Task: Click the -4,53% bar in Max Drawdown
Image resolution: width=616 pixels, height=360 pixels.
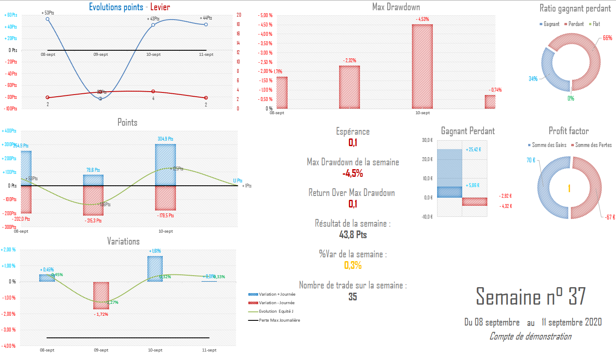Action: (x=422, y=66)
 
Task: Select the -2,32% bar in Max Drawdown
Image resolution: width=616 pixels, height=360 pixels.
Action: (x=349, y=87)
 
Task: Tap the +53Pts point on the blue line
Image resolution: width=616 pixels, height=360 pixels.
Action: (x=47, y=19)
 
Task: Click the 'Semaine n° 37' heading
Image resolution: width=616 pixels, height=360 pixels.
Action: (x=530, y=297)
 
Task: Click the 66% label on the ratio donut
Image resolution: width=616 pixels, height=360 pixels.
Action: (x=607, y=38)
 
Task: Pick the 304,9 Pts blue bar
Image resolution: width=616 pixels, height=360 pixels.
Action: (x=165, y=164)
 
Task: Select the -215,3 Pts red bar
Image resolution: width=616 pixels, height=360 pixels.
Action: (x=93, y=201)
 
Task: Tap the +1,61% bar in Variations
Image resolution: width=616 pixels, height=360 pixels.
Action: (x=155, y=268)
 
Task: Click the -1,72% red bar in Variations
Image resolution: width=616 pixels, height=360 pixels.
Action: (x=101, y=295)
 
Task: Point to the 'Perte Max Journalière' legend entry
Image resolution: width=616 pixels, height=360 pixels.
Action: (x=279, y=320)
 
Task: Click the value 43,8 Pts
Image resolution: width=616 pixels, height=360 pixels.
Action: (x=353, y=235)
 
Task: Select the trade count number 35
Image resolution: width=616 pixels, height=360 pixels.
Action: (x=353, y=297)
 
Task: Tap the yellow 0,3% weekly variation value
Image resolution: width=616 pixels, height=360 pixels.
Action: (x=353, y=265)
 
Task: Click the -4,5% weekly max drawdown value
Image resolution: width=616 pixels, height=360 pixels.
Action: (x=353, y=173)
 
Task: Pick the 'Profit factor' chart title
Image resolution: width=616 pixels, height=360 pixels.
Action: (x=568, y=131)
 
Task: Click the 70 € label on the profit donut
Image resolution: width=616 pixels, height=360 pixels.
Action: (x=531, y=160)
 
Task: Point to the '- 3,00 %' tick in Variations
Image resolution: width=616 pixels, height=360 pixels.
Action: (x=9, y=330)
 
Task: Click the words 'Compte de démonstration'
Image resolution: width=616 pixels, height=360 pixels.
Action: (x=530, y=337)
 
